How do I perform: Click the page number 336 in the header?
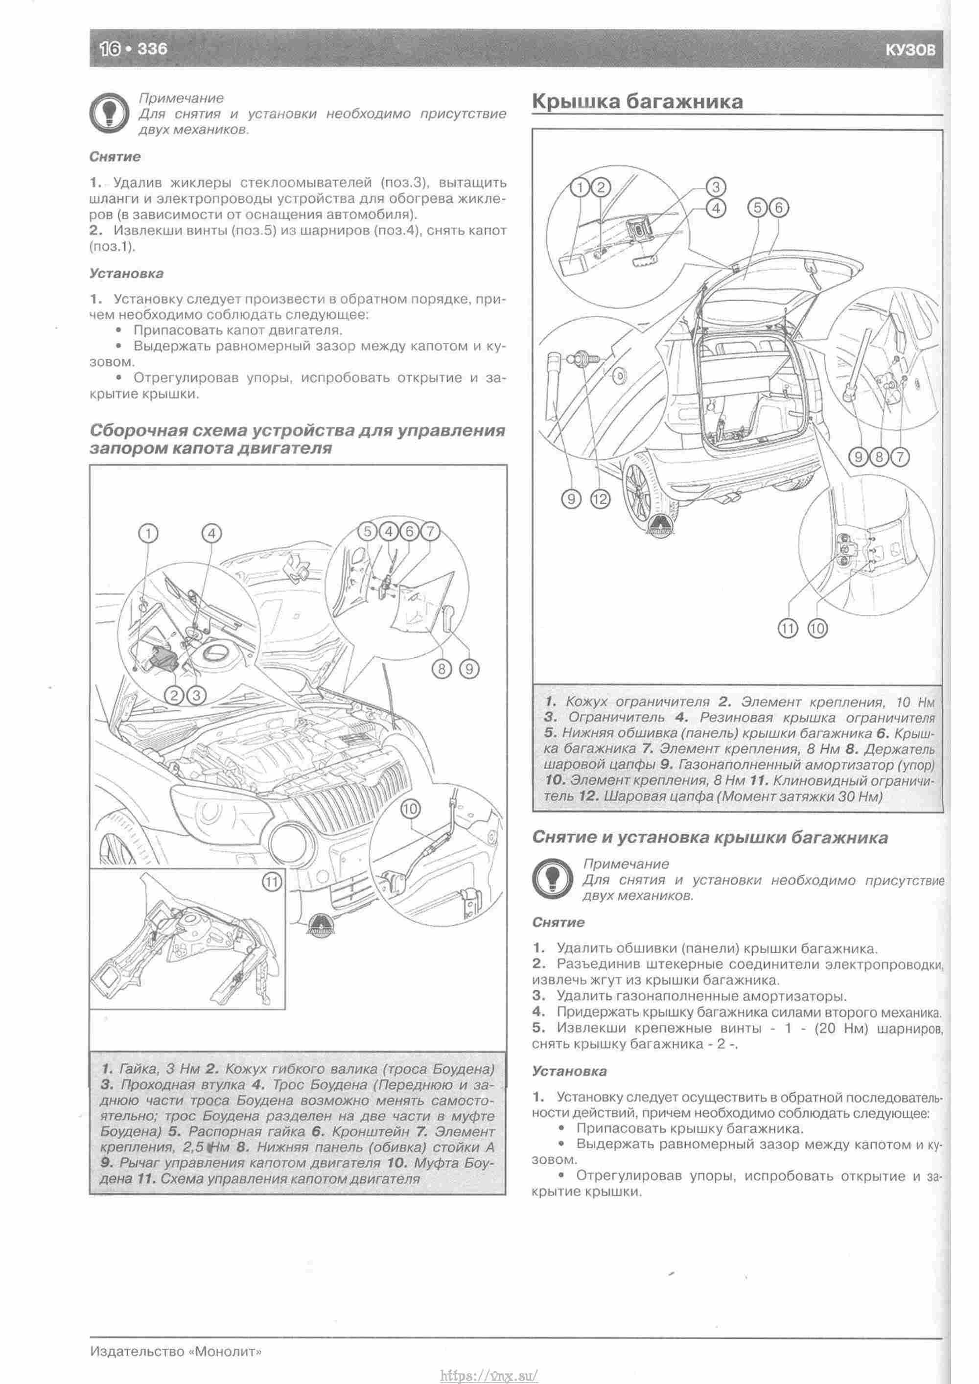(152, 48)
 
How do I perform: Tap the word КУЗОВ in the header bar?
(910, 50)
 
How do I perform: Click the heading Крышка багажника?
(637, 101)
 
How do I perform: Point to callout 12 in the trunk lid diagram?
(601, 498)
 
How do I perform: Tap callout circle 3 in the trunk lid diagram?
(716, 186)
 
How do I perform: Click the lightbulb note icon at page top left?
(109, 113)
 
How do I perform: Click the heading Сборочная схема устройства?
(297, 440)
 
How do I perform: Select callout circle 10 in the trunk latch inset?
(817, 629)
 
